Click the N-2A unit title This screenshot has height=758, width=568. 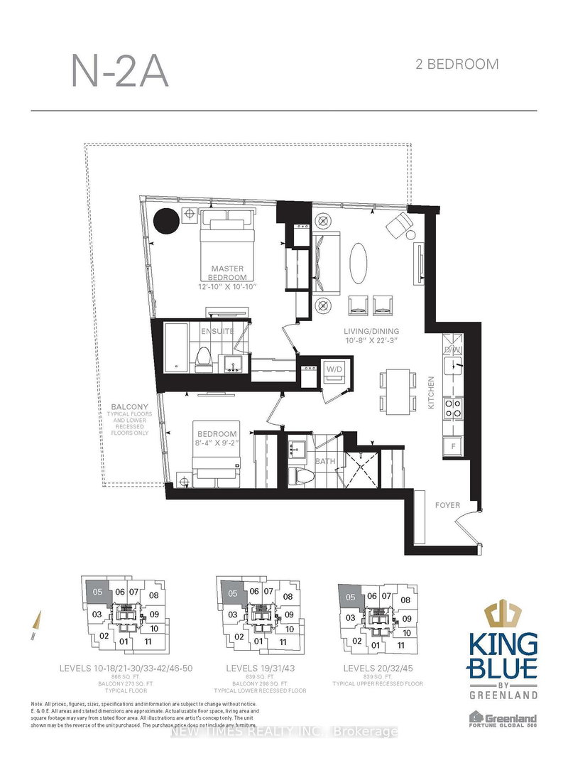click(x=120, y=72)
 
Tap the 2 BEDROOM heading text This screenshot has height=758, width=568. click(x=456, y=65)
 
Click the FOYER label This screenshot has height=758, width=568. click(x=448, y=506)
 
